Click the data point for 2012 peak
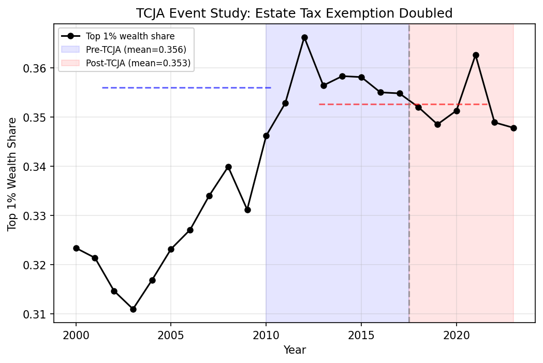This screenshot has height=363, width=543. tap(304, 37)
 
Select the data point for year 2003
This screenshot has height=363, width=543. tap(133, 309)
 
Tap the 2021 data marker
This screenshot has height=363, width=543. tap(476, 55)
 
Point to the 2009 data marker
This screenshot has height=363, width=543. tap(247, 210)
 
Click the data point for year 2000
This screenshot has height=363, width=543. tap(76, 248)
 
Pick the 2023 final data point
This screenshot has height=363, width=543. tap(513, 128)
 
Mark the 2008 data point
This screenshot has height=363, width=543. tap(228, 167)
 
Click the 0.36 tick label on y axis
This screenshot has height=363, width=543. tap(37, 68)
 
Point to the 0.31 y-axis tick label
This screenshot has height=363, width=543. tap(37, 314)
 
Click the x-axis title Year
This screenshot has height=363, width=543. tap(295, 351)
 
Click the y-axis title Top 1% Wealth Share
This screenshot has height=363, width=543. tap(12, 174)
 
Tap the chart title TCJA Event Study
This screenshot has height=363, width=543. tap(294, 13)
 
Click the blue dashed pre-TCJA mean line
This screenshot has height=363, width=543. tap(186, 88)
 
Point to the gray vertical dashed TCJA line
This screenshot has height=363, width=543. tap(409, 207)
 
